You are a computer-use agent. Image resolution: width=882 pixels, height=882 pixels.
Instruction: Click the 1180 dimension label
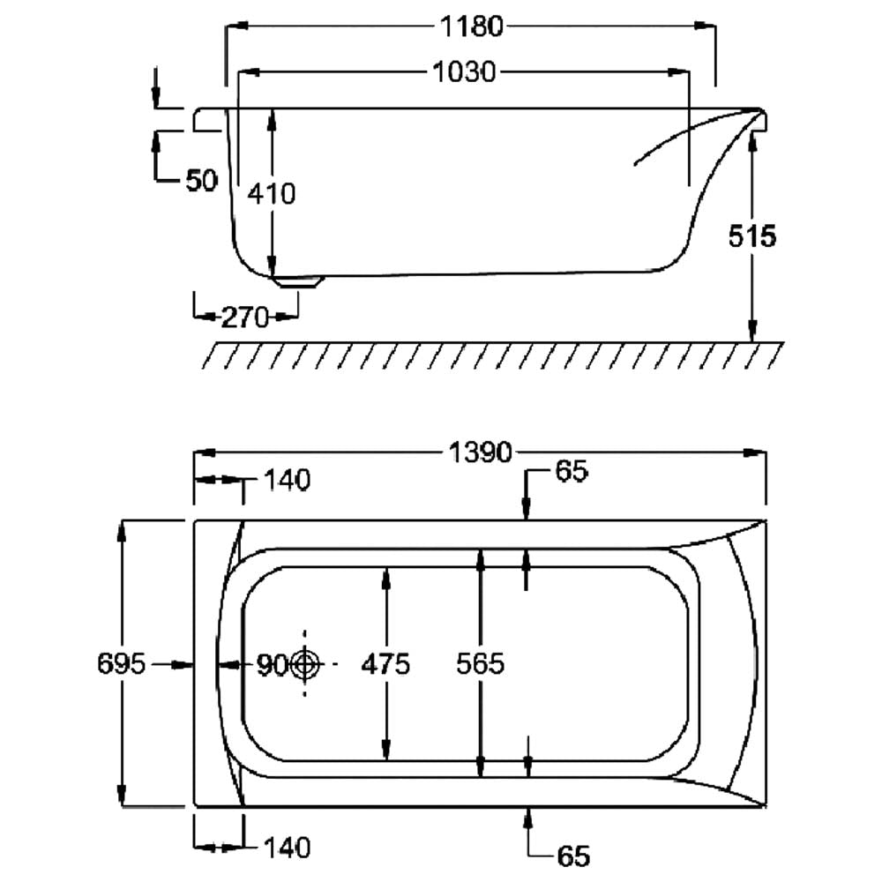[x=471, y=27]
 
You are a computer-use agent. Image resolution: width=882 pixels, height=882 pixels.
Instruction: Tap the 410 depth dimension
[x=272, y=192]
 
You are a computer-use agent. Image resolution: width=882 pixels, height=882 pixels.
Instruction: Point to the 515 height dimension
[x=752, y=236]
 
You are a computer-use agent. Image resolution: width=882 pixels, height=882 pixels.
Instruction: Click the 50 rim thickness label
[x=201, y=181]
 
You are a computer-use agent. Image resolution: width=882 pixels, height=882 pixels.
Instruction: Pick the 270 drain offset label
[x=244, y=318]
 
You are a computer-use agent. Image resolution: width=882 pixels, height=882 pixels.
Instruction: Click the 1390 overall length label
[x=480, y=452]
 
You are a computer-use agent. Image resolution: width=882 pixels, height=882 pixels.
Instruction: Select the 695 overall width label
[x=121, y=664]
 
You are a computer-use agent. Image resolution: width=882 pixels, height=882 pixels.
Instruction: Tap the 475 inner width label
[x=385, y=664]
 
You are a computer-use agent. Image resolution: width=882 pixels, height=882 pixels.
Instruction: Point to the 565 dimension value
[x=480, y=664]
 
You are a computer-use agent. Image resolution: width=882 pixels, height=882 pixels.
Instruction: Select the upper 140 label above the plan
[x=287, y=482]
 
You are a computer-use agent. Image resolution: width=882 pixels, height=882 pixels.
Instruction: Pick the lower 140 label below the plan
[x=287, y=848]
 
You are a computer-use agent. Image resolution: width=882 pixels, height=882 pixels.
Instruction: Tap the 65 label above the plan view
[x=571, y=473]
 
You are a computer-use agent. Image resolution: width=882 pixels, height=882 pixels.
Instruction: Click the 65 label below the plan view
[x=572, y=856]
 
